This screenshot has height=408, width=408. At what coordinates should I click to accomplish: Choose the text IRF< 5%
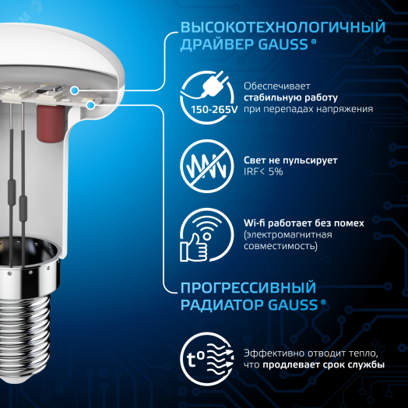click(263, 171)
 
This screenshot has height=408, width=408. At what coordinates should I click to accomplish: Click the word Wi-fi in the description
click(256, 222)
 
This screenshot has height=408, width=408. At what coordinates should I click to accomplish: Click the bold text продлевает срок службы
click(322, 365)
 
